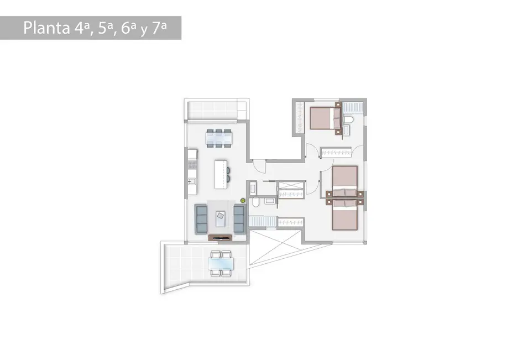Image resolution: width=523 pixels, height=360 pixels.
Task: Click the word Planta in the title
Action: [x=46, y=28]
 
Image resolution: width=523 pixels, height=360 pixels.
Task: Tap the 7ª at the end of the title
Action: [x=159, y=28]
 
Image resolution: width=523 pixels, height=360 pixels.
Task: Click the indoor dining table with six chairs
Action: [x=218, y=138]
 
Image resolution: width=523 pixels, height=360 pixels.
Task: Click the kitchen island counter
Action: [x=221, y=175]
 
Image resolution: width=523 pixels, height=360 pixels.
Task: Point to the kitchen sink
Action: [x=192, y=181]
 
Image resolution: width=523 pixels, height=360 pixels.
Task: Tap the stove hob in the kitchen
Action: [x=192, y=164]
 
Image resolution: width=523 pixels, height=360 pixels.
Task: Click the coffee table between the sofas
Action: [x=220, y=218]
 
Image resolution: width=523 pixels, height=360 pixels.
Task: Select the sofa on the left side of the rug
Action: [x=201, y=219]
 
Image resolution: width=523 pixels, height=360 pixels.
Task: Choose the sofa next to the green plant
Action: [x=239, y=219]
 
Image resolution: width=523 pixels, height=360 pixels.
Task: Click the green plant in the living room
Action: [x=243, y=201]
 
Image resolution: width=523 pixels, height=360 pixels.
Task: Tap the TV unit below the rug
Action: [x=220, y=238]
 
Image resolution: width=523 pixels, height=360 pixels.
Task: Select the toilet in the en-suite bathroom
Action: [x=348, y=119]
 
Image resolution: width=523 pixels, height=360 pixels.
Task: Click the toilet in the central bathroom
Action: [x=256, y=202]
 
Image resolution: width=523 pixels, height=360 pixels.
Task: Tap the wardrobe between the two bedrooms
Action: [x=336, y=152]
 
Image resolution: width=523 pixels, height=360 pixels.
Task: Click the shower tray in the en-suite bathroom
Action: [x=353, y=107]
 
